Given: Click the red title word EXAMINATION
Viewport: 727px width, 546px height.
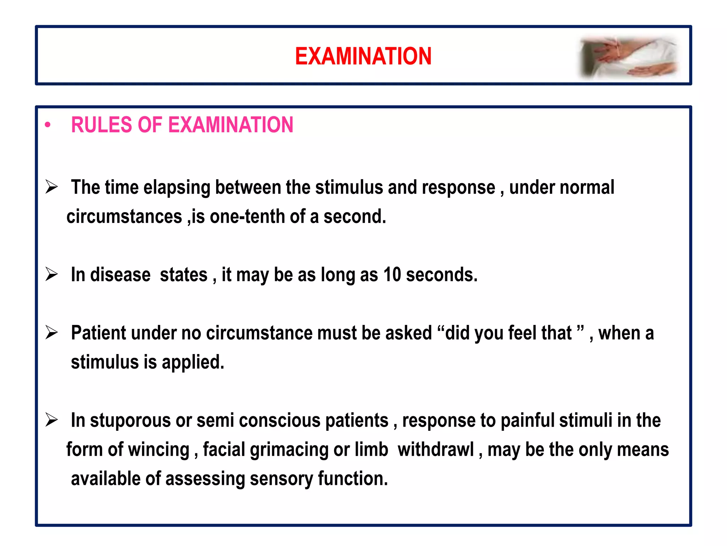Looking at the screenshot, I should (x=363, y=56).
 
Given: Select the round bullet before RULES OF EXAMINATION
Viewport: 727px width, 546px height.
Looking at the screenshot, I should (x=48, y=125).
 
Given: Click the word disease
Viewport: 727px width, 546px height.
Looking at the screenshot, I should (x=120, y=275).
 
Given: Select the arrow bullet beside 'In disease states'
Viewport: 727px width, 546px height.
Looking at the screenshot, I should (x=51, y=274).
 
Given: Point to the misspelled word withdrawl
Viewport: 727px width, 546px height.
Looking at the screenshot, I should (x=436, y=450).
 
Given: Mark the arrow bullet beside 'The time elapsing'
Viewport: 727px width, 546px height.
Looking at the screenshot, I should (x=51, y=187).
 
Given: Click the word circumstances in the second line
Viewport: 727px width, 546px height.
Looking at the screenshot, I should (x=124, y=216).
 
